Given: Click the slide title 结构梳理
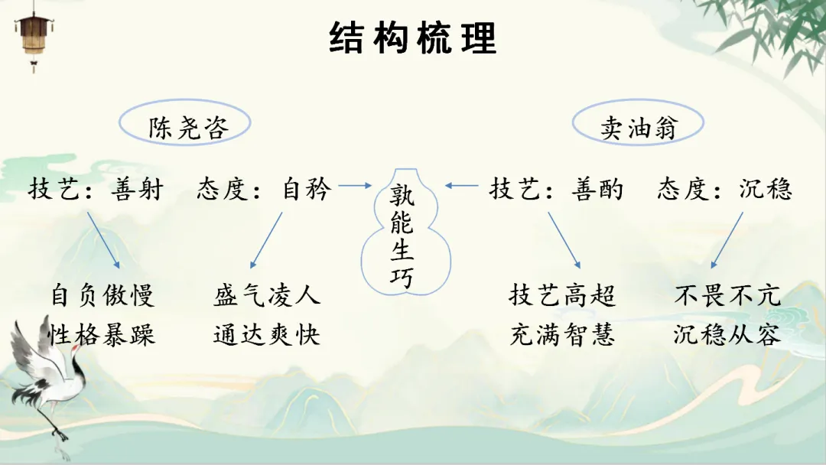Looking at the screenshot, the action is coord(413,37).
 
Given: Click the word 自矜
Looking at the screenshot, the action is coord(305,189).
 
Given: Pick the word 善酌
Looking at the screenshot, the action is coord(597,189).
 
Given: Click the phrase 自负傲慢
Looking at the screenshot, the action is coord(102,295).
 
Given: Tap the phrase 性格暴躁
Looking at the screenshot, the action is coord(102,334).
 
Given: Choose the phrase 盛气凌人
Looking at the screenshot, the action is coord(267,295).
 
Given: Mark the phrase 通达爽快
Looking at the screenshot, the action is coord(267,334).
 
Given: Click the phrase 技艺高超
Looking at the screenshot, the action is coord(562,295).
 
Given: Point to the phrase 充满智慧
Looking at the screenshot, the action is coord(562,334).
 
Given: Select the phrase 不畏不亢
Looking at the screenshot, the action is coord(727,295).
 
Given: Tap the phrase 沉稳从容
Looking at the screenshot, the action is coord(727,334).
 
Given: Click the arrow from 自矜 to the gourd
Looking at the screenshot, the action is coord(353,185).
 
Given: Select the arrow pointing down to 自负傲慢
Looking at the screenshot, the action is coord(103,239).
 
